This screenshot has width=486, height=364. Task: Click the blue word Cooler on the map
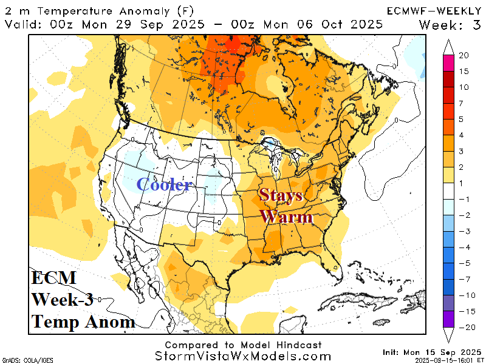click(165, 185)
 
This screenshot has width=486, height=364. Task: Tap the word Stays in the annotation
click(281, 195)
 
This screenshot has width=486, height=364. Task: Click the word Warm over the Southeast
click(286, 217)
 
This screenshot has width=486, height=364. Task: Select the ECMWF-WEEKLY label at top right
click(434, 11)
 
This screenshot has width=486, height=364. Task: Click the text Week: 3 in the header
click(450, 24)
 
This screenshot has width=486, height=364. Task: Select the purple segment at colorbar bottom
click(450, 320)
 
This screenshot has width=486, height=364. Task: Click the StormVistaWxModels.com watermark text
click(243, 356)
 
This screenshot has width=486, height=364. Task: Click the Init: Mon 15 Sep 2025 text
click(431, 352)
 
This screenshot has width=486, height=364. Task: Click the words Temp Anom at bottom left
click(83, 322)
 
